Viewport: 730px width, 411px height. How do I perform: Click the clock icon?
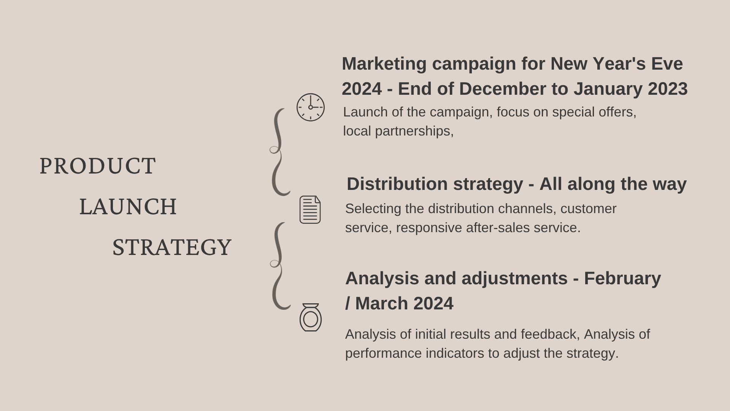point(311,107)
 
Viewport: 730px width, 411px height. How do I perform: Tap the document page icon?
point(310,210)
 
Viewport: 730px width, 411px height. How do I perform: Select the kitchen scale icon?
point(311,317)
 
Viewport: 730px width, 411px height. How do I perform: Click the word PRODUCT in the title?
point(98,166)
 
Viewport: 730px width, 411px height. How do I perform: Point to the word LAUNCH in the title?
point(128,207)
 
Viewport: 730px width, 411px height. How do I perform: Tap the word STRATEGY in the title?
point(172,247)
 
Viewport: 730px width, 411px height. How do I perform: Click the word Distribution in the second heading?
point(397,184)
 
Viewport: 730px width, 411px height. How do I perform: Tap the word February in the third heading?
point(622,279)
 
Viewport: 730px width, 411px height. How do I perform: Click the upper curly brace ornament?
point(281,152)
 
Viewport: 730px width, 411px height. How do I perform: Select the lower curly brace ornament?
point(281,266)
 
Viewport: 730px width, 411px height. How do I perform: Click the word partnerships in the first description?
point(414,132)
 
